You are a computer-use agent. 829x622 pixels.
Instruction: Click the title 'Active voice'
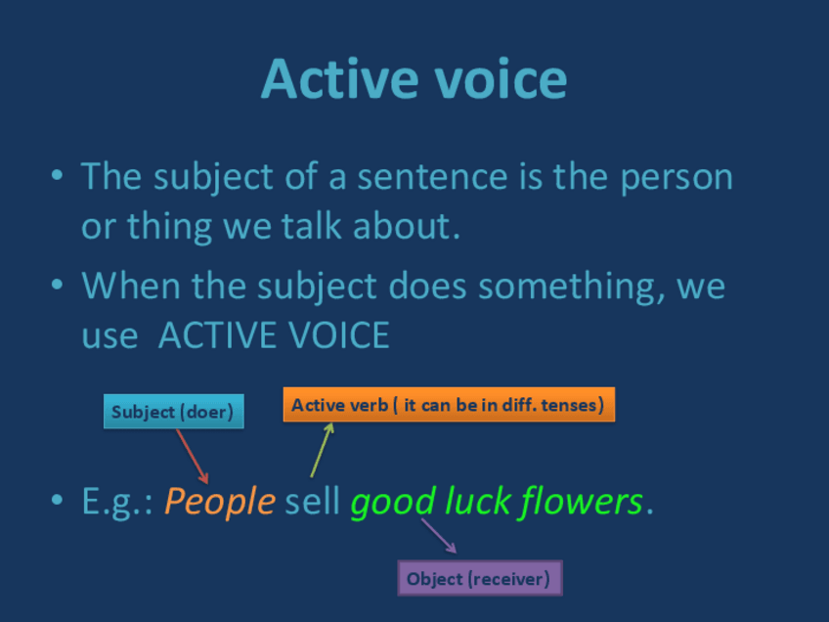(x=414, y=79)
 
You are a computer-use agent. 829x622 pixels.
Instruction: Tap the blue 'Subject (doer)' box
(x=173, y=411)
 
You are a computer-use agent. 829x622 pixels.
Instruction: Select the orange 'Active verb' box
(x=449, y=405)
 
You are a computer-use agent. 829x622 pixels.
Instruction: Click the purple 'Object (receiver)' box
(x=480, y=578)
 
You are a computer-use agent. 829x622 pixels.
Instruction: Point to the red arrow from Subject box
(x=192, y=456)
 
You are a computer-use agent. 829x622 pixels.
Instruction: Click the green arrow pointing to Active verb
(x=322, y=450)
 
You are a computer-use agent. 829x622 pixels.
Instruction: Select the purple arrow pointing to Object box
(x=439, y=536)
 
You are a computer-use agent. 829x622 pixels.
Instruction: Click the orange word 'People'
(x=220, y=502)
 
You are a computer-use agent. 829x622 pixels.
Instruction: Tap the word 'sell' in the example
(x=312, y=501)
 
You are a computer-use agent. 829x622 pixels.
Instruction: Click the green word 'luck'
(x=477, y=501)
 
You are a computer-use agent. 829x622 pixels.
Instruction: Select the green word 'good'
(x=393, y=502)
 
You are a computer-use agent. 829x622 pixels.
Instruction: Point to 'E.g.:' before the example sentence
(x=117, y=502)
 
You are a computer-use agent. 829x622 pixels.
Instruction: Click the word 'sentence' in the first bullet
(x=432, y=177)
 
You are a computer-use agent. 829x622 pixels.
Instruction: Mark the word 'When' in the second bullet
(x=131, y=286)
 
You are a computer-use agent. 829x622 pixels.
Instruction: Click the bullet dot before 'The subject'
(x=57, y=174)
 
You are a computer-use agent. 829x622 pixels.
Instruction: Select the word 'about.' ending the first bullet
(x=407, y=226)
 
